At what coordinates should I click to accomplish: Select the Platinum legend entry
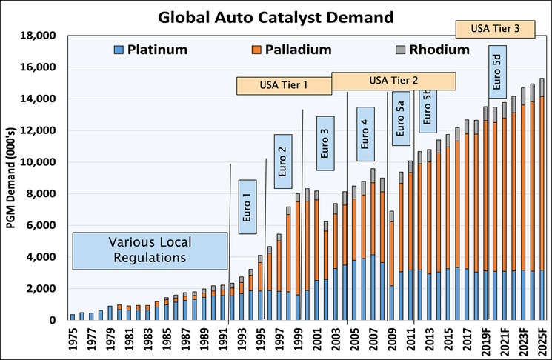(x=151, y=50)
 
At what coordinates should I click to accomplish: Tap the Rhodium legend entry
(x=430, y=50)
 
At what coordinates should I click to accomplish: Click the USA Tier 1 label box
(x=283, y=86)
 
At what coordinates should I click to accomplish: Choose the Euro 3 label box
(x=325, y=143)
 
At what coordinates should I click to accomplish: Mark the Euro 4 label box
(x=366, y=134)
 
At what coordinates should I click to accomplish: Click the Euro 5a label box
(x=399, y=118)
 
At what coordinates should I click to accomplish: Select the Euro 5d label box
(x=497, y=72)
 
